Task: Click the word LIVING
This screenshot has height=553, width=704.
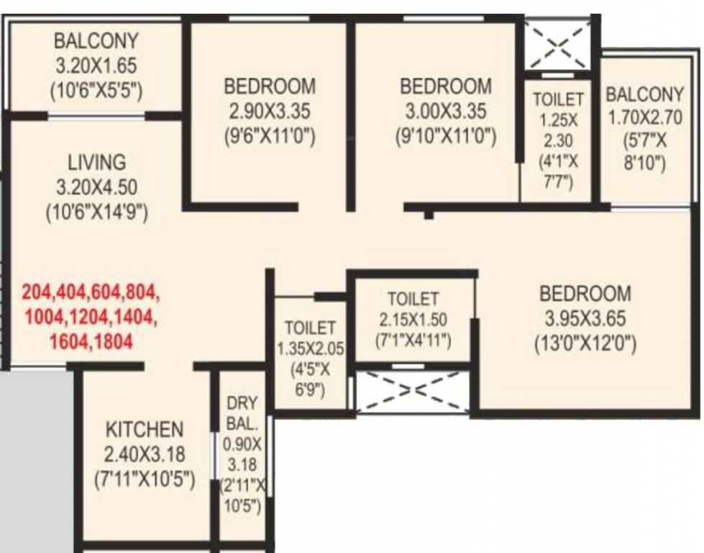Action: [x=96, y=161]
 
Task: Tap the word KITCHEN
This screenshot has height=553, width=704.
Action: [x=145, y=430]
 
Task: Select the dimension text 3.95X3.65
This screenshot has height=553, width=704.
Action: [x=585, y=318]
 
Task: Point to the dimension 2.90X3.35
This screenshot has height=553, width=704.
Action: [x=269, y=112]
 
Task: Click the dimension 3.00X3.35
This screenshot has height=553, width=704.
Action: [x=445, y=112]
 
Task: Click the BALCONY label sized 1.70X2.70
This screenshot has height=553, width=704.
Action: [x=644, y=94]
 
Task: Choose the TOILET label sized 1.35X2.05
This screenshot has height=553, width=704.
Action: [x=310, y=328]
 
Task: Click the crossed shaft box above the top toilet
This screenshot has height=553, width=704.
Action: [x=558, y=46]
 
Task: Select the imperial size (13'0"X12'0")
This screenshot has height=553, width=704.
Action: [x=585, y=344]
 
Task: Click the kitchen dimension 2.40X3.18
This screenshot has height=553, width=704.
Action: [x=145, y=454]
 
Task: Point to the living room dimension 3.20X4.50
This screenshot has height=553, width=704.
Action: [x=96, y=187]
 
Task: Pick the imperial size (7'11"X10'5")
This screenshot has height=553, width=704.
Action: [x=145, y=479]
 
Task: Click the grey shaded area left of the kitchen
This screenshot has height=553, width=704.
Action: [x=36, y=461]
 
